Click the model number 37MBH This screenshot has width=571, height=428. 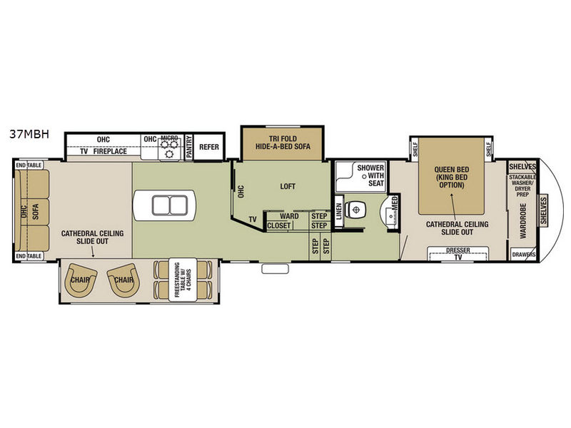(29, 134)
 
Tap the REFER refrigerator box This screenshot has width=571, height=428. (208, 147)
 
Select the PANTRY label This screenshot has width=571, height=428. (188, 147)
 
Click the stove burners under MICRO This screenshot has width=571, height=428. (169, 149)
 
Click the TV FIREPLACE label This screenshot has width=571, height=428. (103, 151)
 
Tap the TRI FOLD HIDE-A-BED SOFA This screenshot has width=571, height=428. (283, 143)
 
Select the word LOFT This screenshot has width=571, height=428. (288, 186)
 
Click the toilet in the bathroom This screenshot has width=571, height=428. (355, 209)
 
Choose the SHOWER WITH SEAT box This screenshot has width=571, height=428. (360, 176)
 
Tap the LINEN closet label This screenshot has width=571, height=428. (339, 211)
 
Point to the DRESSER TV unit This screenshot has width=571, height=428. (458, 254)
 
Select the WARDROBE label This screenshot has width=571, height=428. (523, 221)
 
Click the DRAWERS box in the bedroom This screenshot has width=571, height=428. (524, 255)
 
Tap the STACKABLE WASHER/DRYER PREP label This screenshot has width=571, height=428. (522, 186)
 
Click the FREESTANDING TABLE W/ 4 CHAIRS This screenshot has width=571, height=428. (183, 280)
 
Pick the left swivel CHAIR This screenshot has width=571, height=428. (81, 279)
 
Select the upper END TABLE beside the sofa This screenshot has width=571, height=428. (29, 165)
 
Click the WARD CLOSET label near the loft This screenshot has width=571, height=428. (283, 221)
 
